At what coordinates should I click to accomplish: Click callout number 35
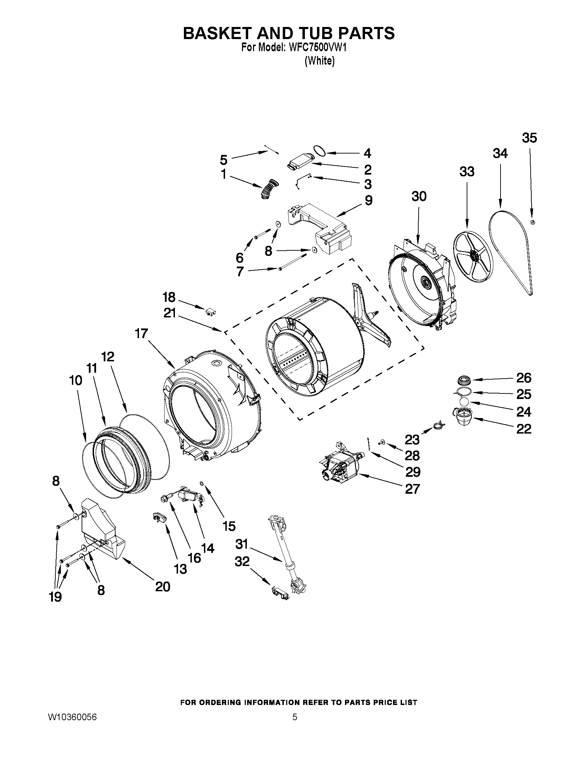529,138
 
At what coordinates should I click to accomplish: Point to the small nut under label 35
533,222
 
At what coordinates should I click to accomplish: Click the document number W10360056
72,717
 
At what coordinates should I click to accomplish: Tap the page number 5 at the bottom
295,717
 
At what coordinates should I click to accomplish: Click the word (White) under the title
319,61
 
